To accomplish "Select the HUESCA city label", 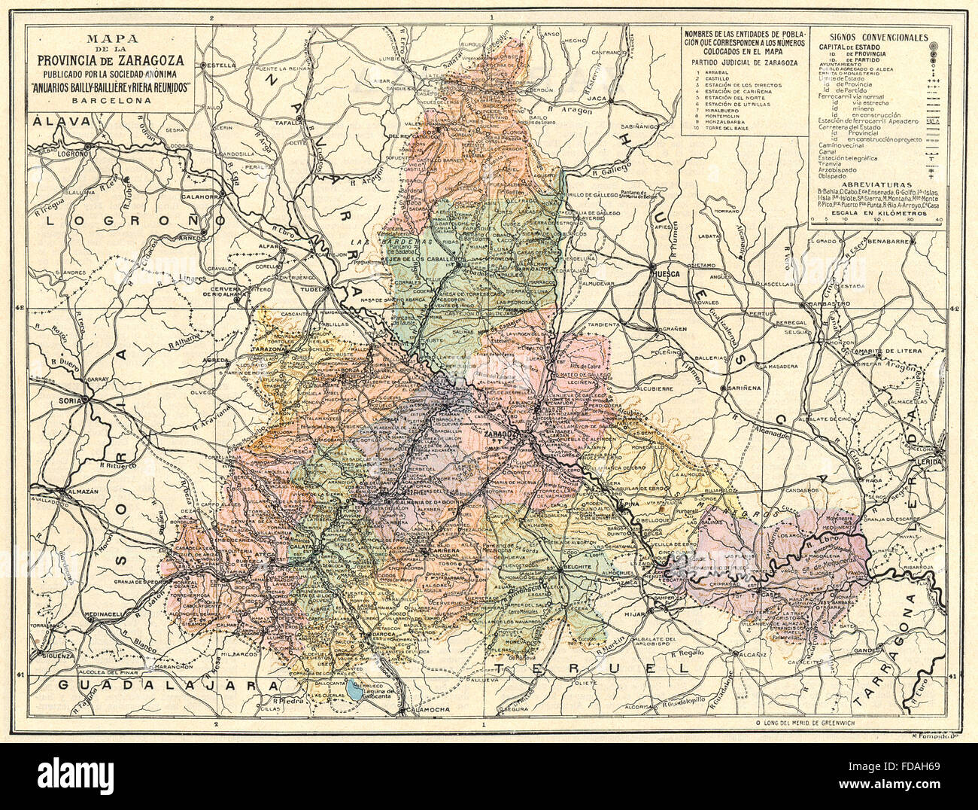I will click(667, 274).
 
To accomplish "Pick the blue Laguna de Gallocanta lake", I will click(352, 686).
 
